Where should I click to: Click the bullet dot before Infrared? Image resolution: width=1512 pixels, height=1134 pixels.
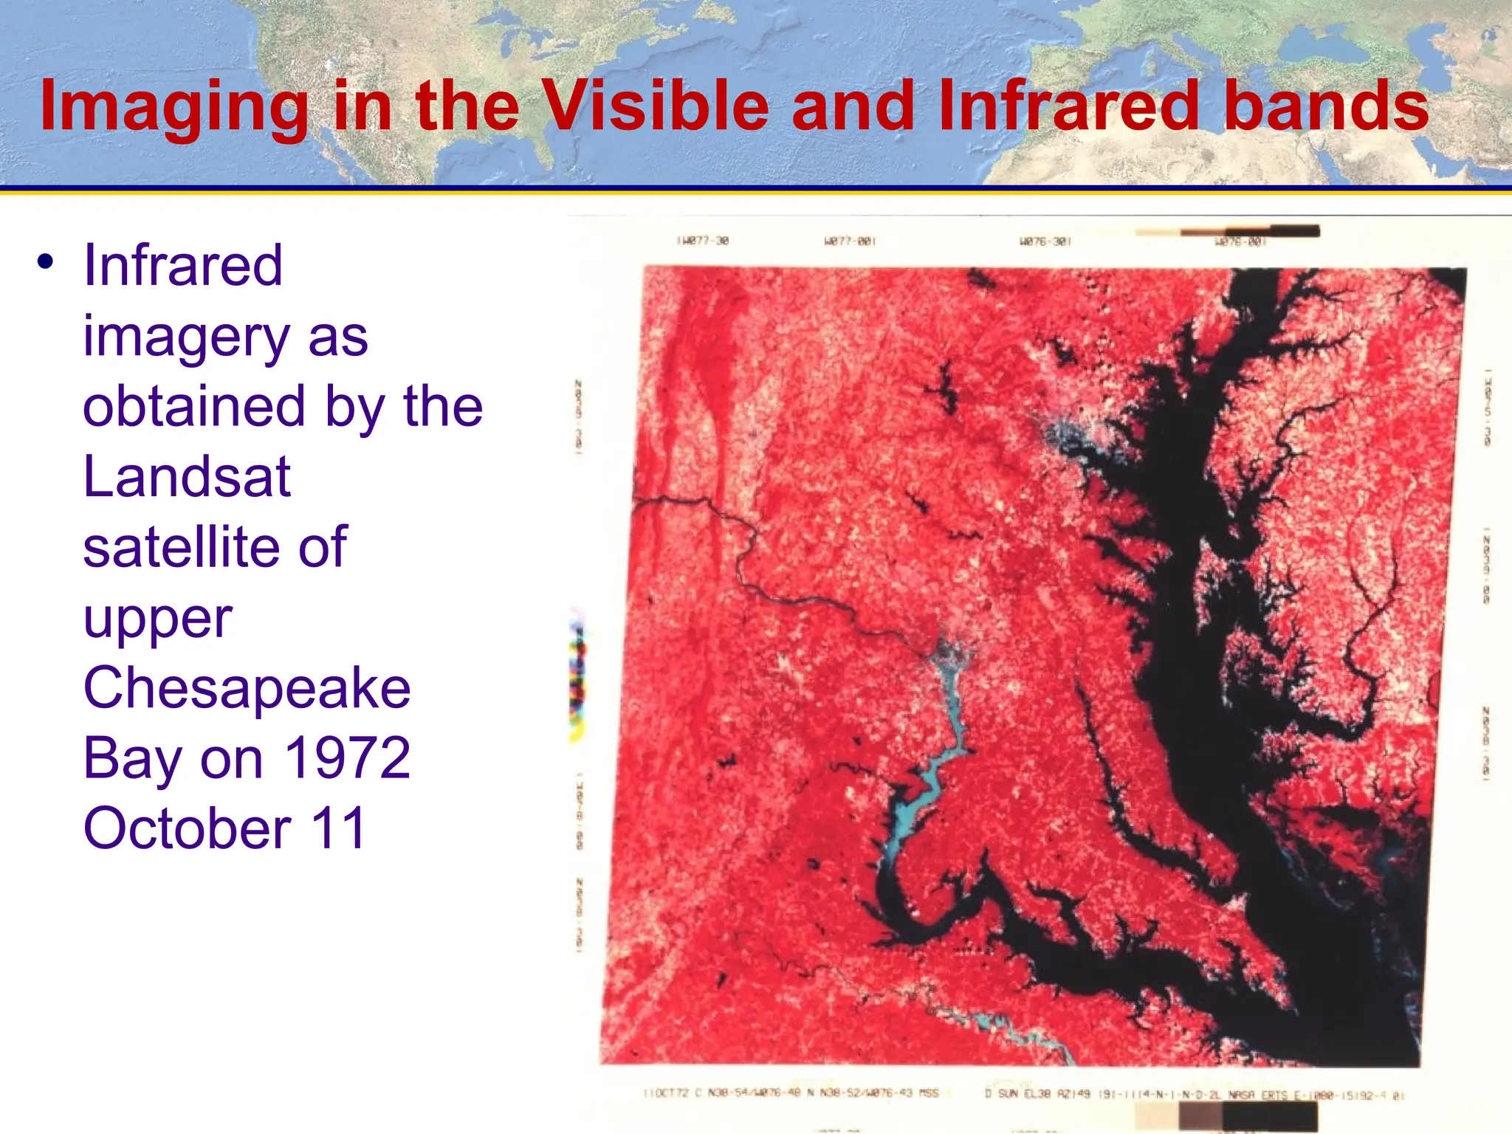coord(46,262)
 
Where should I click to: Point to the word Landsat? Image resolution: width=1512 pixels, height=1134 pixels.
coord(187,477)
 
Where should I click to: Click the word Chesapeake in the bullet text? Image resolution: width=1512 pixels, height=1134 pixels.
coord(247,688)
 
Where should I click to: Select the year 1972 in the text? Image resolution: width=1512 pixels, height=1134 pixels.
coord(347,758)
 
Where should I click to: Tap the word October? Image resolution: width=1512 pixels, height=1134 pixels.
coord(187,828)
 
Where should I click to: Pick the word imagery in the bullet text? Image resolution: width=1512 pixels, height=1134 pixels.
coord(185,336)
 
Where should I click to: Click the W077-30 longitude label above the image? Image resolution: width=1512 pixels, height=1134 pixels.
coord(702,241)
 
